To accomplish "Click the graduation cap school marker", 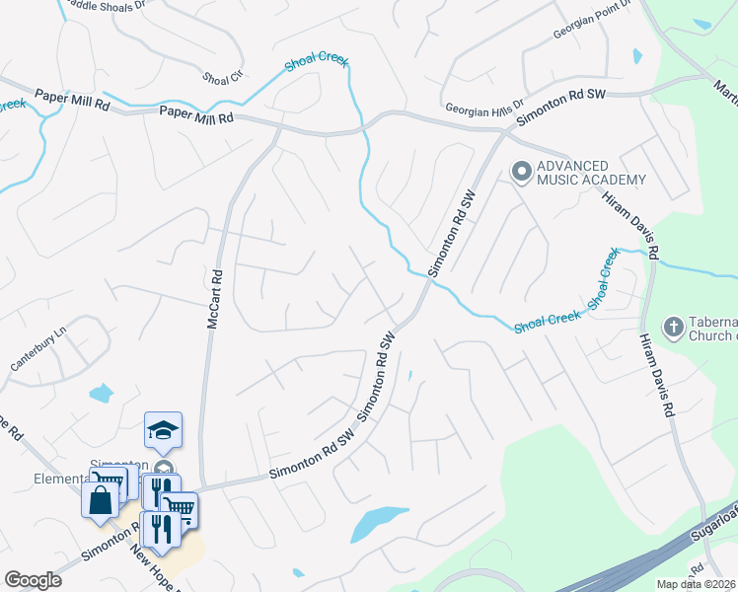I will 163,430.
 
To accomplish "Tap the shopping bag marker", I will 101,499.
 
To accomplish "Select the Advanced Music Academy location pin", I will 521,173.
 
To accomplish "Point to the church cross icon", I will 673,327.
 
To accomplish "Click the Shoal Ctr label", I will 222,77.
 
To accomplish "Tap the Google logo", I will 33,580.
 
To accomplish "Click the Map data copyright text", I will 697,584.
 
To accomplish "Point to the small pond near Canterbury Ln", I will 101,394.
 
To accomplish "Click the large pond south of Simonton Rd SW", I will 378,522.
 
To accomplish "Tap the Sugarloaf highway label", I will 716,523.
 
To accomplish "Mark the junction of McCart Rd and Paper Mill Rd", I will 279,128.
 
